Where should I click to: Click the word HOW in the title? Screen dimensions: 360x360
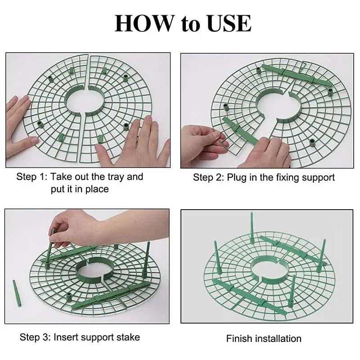(x=144, y=23)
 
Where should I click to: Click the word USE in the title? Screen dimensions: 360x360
(x=229, y=23)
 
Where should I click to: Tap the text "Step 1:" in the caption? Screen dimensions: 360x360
(x=32, y=177)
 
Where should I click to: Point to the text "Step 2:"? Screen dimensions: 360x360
(x=208, y=177)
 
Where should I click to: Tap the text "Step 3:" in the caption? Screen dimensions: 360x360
(x=35, y=337)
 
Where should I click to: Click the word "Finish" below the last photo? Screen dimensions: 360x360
(x=239, y=339)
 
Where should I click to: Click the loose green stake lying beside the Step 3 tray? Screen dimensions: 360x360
(x=17, y=293)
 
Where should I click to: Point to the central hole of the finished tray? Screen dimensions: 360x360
(x=269, y=268)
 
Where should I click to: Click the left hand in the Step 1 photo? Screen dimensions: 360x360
(x=19, y=125)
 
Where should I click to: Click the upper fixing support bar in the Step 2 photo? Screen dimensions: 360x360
(x=297, y=75)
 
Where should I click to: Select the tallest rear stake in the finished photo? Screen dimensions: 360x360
(x=252, y=228)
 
